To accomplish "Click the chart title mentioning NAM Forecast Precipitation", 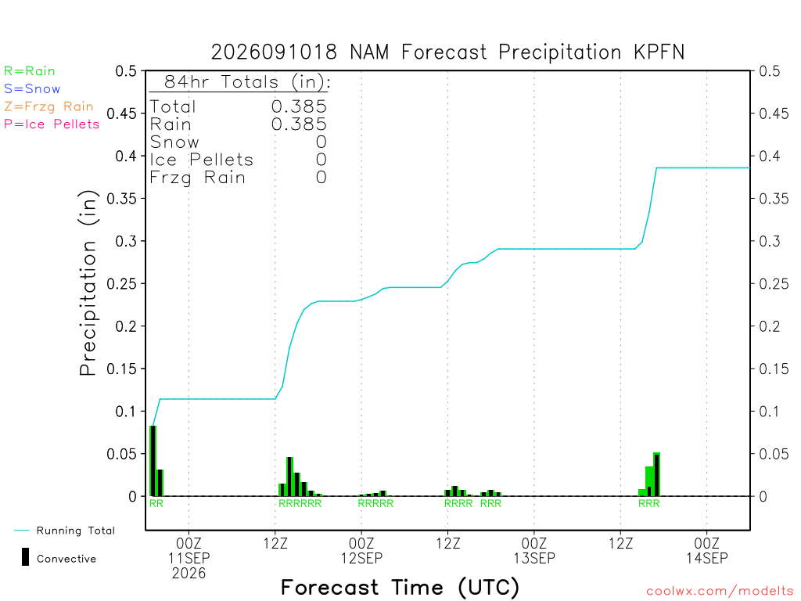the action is point(447,52).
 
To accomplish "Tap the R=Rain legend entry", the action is point(30,71).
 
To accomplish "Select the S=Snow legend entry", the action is point(32,89).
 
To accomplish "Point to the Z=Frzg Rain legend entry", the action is point(48,106).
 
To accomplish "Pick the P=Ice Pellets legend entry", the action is point(52,124).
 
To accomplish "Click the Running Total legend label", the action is point(76,531).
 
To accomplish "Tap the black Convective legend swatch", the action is point(25,557).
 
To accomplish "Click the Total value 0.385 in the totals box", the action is point(299,106).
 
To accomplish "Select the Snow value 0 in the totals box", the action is point(321,142).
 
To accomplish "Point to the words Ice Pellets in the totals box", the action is point(201,160).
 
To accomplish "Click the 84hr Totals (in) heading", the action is point(247,81).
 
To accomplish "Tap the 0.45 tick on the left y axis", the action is point(121,113).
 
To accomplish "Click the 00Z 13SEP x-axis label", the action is point(534,550).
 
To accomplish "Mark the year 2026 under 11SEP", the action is point(189,574).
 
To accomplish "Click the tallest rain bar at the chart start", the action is point(153,461).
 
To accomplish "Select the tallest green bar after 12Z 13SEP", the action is point(656,474).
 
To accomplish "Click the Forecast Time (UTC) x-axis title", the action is point(400,588).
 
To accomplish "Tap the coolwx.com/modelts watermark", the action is point(720,592).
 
